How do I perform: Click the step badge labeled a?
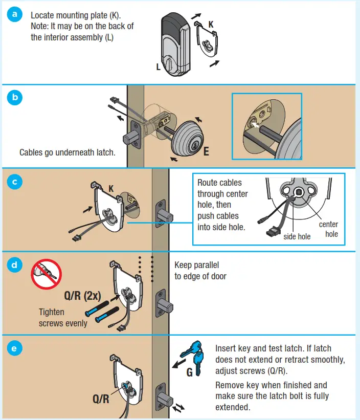pos(14,14)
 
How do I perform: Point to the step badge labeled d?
pos(14,264)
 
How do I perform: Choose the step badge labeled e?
pos(14,348)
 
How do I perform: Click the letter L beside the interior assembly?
pos(158,67)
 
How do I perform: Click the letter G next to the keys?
pos(189,372)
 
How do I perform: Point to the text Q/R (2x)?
pos(85,296)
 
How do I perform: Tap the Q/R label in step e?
pos(101,399)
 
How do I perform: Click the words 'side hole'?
pos(297,236)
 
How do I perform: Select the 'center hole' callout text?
pos(328,229)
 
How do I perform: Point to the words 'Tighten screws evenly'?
pos(63,317)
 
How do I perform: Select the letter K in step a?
pos(211,24)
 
